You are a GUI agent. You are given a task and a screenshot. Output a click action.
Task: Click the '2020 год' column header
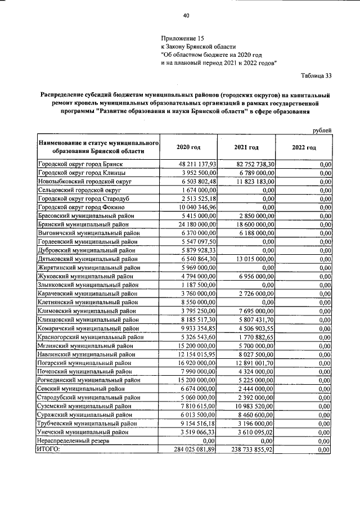point(188,147)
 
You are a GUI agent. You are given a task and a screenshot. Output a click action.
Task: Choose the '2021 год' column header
point(246,147)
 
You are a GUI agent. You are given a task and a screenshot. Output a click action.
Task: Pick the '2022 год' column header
point(304,147)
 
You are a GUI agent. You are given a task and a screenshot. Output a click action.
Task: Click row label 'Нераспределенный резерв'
point(69,441)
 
